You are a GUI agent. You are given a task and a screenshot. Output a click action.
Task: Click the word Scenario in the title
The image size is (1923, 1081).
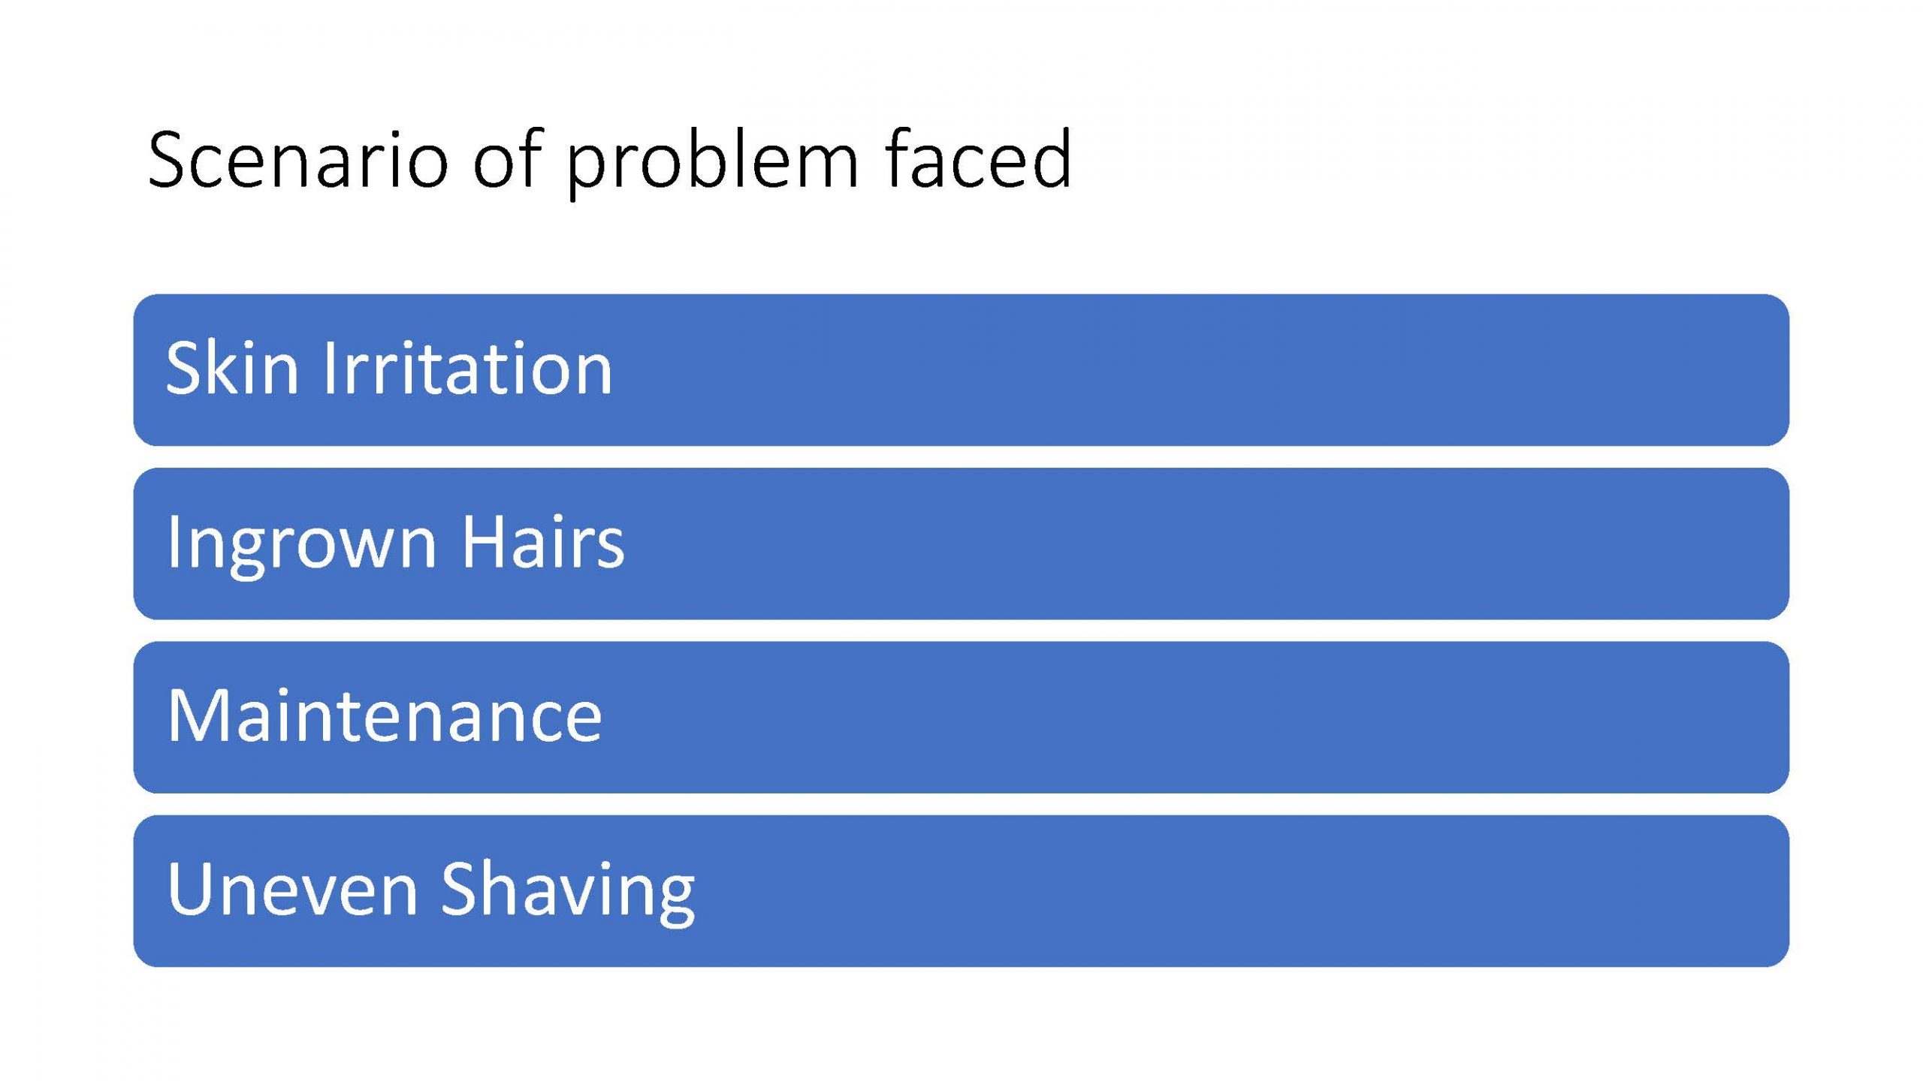pyautogui.click(x=298, y=160)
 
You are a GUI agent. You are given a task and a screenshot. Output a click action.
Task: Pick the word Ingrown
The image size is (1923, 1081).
pyautogui.click(x=301, y=545)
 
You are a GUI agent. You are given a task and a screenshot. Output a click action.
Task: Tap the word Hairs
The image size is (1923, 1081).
pyautogui.click(x=542, y=540)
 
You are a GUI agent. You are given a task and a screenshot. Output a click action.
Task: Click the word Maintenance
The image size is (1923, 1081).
pyautogui.click(x=384, y=715)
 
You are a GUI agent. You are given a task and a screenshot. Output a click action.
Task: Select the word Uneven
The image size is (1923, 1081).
pyautogui.click(x=291, y=889)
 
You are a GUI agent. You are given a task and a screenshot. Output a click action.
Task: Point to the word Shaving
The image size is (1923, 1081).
pyautogui.click(x=568, y=893)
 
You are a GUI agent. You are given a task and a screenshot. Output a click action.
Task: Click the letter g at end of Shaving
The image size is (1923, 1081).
pyautogui.click(x=675, y=902)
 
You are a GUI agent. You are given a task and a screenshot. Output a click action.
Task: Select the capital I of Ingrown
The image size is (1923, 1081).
pyautogui.click(x=172, y=540)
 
